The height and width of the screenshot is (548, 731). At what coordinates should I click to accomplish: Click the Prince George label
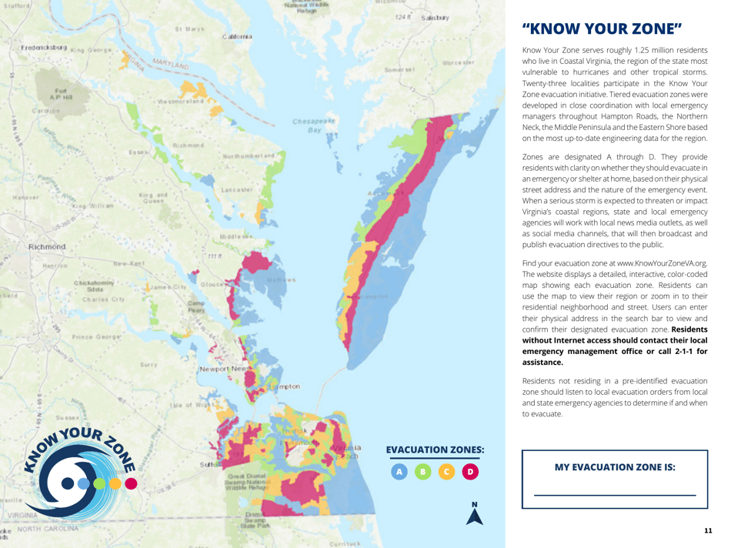click(x=93, y=337)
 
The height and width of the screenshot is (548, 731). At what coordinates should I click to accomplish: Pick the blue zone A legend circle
click(x=399, y=470)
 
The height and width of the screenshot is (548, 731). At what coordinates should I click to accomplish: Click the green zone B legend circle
click(x=422, y=470)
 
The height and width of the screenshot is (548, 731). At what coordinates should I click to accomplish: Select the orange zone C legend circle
click(x=446, y=470)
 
